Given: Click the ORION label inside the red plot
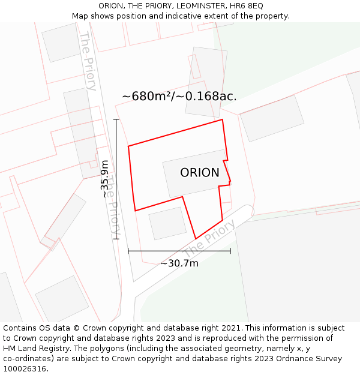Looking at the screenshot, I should pyautogui.click(x=200, y=173).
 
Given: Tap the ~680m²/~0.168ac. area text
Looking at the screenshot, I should pyautogui.click(x=179, y=96).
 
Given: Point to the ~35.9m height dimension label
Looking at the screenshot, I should pyautogui.click(x=105, y=178).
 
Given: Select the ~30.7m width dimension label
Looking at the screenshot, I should pyautogui.click(x=179, y=263).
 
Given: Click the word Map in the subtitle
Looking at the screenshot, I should pyautogui.click(x=80, y=16).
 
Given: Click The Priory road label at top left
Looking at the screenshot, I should pyautogui.click(x=88, y=60).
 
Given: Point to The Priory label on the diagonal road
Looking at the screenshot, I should pyautogui.click(x=209, y=238).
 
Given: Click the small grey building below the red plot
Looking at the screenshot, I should pyautogui.click(x=167, y=223).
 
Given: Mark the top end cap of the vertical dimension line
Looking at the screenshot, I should pyautogui.click(x=116, y=119).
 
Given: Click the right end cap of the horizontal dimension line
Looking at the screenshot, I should pyautogui.click(x=230, y=251).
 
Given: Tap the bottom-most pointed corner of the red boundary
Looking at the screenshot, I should pyautogui.click(x=196, y=239).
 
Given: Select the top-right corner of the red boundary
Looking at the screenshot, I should pyautogui.click(x=223, y=119).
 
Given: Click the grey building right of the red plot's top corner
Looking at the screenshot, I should pyautogui.click(x=272, y=118).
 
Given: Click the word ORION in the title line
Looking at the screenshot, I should pyautogui.click(x=111, y=6).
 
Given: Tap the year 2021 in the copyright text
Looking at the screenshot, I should pyautogui.click(x=231, y=328).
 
